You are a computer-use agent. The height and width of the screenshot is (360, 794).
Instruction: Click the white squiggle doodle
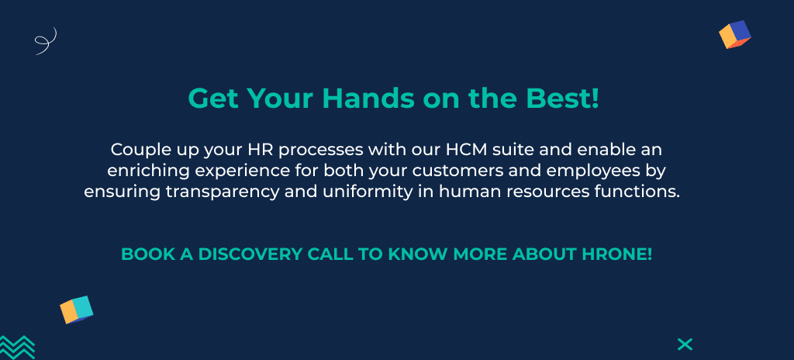tap(46, 41)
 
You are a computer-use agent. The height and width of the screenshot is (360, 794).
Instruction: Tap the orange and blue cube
tap(734, 35)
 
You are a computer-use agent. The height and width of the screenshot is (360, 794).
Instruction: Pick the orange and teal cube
tap(77, 310)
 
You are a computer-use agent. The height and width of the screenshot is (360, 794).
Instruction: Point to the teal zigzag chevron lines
tap(17, 347)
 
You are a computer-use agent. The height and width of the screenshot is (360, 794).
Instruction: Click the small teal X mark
tap(685, 344)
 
